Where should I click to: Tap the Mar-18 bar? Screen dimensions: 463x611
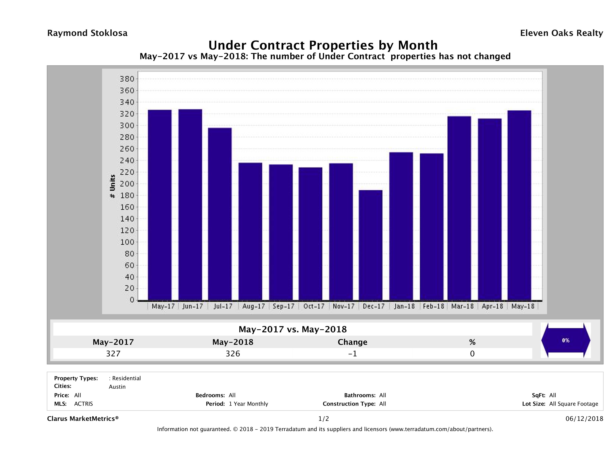[459, 208]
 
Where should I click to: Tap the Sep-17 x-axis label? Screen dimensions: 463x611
[283, 306]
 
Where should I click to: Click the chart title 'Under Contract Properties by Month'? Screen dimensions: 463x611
[323, 45]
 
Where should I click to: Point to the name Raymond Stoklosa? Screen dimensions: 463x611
[87, 33]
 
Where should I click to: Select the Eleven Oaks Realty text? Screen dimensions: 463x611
[561, 33]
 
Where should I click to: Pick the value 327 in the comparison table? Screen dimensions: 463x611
[113, 353]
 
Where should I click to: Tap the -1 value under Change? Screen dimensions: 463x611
[353, 353]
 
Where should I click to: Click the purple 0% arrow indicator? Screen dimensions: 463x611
[565, 340]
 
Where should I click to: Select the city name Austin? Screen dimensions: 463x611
[117, 387]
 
